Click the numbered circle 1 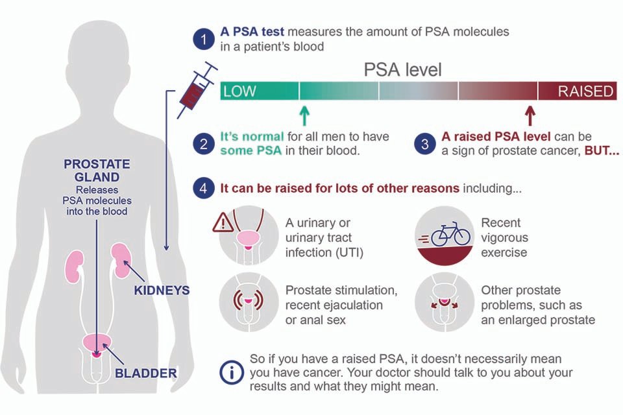[204, 39]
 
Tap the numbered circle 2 [204, 144]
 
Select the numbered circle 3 [425, 144]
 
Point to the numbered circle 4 [204, 189]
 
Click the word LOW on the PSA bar [239, 91]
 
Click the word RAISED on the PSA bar [586, 91]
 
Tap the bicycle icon [450, 234]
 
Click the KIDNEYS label [162, 290]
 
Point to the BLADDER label [146, 373]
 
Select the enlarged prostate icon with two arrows [443, 302]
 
